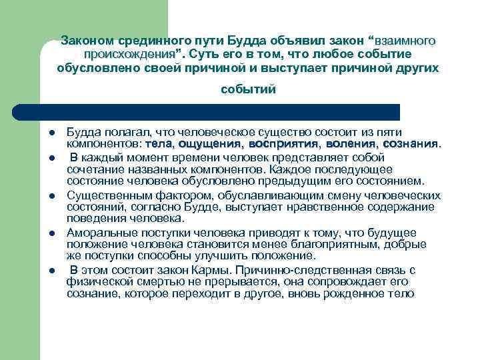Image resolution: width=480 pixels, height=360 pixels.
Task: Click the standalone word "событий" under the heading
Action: pos(248,89)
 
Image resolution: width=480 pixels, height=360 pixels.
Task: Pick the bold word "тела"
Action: pos(159,143)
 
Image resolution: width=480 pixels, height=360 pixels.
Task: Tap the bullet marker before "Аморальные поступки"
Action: pos(51,233)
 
